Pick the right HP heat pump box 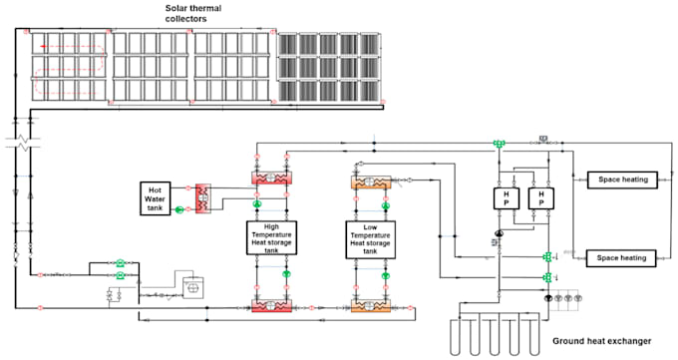tap(539, 197)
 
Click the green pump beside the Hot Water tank tap(180, 209)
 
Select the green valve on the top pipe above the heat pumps tap(498, 144)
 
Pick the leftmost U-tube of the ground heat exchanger tap(458, 338)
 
